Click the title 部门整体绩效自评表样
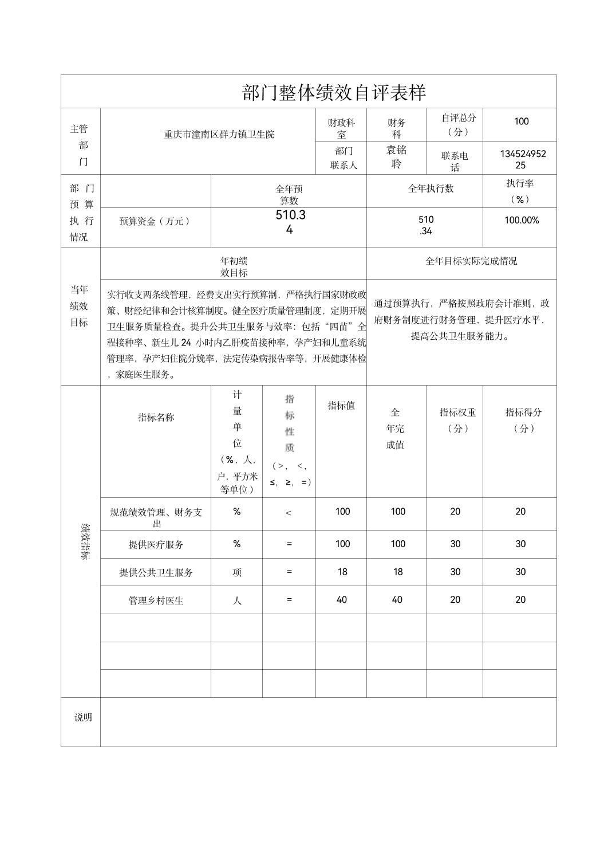(x=334, y=93)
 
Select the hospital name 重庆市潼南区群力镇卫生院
(x=219, y=135)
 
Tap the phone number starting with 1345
(x=522, y=159)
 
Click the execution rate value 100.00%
(x=521, y=220)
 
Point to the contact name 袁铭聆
(x=396, y=157)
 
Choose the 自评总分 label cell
(x=458, y=124)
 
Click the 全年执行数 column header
(x=431, y=188)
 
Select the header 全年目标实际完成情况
(x=471, y=261)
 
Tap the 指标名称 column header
(x=156, y=418)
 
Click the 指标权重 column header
(x=457, y=419)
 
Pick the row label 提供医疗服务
(x=156, y=544)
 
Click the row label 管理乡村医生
(x=156, y=600)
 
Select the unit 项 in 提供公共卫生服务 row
(x=236, y=572)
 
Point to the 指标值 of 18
(x=342, y=572)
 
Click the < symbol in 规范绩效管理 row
(x=289, y=513)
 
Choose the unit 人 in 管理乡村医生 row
(x=236, y=600)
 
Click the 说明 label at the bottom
(x=83, y=717)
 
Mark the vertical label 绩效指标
(x=84, y=541)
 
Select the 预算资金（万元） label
(x=155, y=221)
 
